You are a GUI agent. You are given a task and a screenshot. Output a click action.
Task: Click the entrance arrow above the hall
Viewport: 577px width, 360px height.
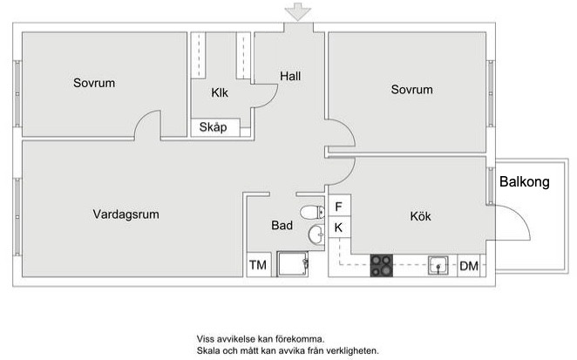click(x=299, y=11)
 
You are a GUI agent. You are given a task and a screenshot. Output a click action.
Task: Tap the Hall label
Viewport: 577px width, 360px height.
click(x=290, y=76)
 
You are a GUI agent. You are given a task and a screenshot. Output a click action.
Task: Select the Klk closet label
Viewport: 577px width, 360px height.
click(x=220, y=93)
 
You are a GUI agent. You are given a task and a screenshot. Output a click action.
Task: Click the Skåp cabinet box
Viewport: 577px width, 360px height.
click(x=214, y=127)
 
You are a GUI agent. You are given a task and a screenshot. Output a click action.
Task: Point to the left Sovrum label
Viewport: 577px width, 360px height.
click(x=94, y=83)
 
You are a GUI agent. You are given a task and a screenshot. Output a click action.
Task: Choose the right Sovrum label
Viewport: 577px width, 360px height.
click(x=411, y=90)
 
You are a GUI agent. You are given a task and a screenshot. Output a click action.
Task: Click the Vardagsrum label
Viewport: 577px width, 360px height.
click(x=126, y=214)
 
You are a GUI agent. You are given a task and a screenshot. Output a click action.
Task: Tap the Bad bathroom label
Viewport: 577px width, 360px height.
click(x=282, y=225)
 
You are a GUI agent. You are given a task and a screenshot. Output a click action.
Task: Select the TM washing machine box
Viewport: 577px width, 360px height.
click(x=258, y=265)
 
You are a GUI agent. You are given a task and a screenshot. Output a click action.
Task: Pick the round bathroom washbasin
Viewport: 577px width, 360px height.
click(x=316, y=233)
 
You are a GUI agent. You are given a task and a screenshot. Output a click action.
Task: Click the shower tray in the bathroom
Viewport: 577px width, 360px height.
click(x=294, y=264)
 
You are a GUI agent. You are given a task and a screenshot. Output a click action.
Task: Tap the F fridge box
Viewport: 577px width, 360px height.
click(x=338, y=207)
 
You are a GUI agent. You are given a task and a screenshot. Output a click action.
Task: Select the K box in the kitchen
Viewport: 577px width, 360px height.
click(x=338, y=228)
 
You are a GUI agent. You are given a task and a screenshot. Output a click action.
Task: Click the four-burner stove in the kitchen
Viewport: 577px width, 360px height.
click(x=382, y=265)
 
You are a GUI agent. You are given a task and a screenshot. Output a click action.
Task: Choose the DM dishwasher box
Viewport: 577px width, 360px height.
click(x=469, y=266)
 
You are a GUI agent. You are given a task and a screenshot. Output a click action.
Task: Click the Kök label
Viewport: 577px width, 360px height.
click(x=420, y=216)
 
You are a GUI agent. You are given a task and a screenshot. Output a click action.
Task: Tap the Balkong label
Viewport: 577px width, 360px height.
click(x=525, y=182)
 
